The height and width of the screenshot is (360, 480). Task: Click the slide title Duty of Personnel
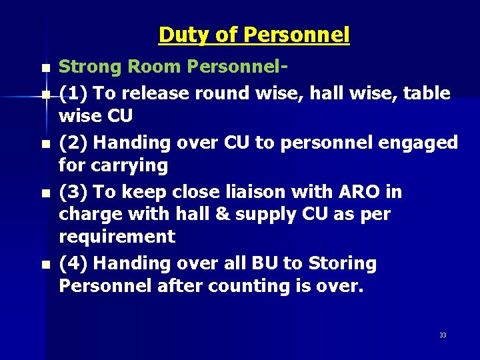(x=253, y=35)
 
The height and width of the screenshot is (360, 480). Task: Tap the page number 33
(x=443, y=335)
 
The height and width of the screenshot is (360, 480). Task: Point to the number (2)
(x=73, y=143)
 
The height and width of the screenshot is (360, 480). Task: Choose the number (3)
(x=73, y=192)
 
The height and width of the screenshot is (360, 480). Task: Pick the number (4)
(x=73, y=263)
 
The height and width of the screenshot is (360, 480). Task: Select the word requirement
(x=117, y=237)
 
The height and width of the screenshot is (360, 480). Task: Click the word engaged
(x=423, y=143)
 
